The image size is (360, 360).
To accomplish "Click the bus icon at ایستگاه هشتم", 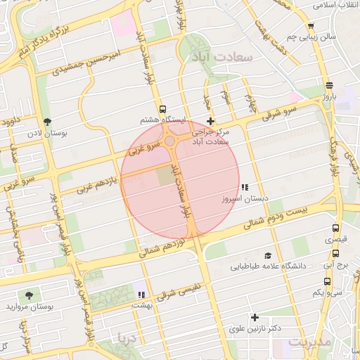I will click(163, 109).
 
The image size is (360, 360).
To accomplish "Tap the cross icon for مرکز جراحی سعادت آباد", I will click(210, 122).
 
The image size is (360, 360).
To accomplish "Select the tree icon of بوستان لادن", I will click(47, 122).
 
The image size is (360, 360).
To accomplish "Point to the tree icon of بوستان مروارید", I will click(29, 295).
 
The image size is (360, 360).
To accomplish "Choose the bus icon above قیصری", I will click(335, 229).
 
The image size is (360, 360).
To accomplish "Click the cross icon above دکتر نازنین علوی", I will click(255, 318).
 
